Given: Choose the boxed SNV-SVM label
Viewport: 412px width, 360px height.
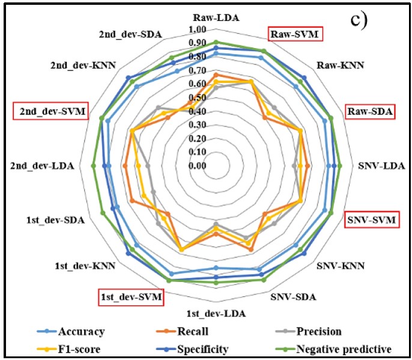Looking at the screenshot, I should coord(371,220).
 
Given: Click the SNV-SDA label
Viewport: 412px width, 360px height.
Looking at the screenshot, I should coord(294,297).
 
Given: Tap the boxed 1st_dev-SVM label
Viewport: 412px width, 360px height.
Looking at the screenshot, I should coord(132,297).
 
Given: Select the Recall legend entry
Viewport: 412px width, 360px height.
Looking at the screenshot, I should coord(192,332).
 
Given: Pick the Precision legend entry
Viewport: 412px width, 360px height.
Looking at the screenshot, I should coord(318,332).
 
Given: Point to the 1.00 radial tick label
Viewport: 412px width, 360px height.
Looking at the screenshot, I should coord(214,30).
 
